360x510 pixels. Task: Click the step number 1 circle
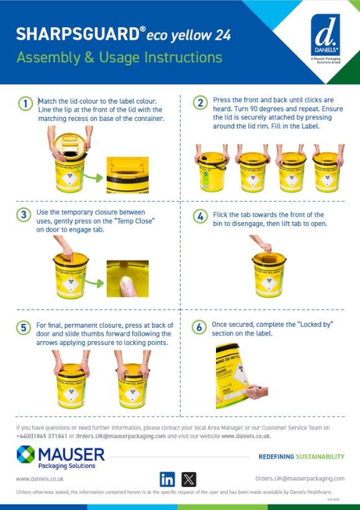(24, 104)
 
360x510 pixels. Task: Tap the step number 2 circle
(199, 103)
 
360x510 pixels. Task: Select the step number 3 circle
(24, 215)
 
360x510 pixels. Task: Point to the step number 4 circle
(199, 217)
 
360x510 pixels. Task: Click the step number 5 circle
(24, 328)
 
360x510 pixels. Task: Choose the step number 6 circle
(199, 327)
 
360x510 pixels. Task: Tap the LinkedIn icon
(168, 479)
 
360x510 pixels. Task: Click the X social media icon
(189, 479)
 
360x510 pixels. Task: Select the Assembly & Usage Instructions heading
(119, 58)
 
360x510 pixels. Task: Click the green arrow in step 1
(94, 178)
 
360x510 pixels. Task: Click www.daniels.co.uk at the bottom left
(39, 479)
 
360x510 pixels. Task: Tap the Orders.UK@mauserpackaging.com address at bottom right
(300, 479)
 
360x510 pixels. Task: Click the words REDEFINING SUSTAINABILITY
(301, 457)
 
